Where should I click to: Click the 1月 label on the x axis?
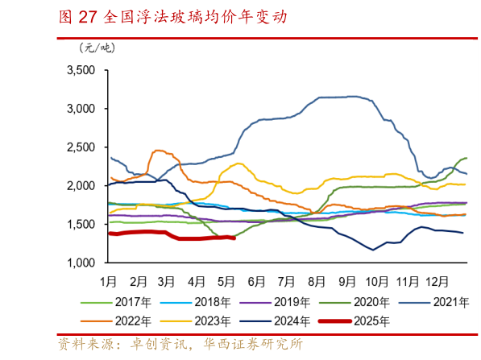[x=109, y=282]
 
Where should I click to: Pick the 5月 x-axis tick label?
[x=226, y=282]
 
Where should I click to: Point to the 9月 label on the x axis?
[x=348, y=282]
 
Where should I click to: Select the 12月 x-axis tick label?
[x=437, y=282]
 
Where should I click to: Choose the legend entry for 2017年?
[x=130, y=303]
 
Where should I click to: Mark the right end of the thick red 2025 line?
[x=234, y=238]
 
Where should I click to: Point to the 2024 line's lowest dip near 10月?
[x=373, y=250]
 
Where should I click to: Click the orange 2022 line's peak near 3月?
[x=157, y=150]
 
